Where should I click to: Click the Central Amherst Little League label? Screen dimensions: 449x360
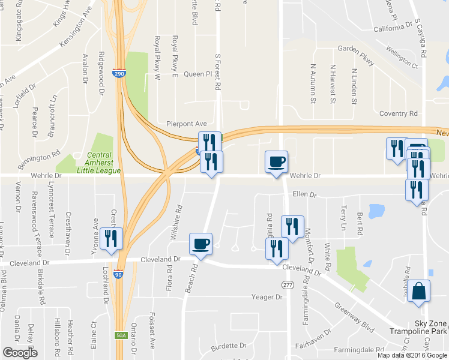tap(99, 166)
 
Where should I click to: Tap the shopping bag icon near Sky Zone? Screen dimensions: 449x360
tap(422, 291)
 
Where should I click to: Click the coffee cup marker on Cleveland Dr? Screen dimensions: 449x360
tap(200, 244)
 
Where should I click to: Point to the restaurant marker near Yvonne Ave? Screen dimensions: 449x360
tap(111, 238)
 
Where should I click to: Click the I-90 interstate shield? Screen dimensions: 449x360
tap(119, 274)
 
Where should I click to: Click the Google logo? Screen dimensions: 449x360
tap(20, 353)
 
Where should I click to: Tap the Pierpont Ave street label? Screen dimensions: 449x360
tap(187, 124)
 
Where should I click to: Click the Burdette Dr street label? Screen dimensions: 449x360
tap(229, 346)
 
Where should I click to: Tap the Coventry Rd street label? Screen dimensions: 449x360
tap(399, 113)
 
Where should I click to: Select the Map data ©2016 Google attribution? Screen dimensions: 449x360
tap(412, 355)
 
